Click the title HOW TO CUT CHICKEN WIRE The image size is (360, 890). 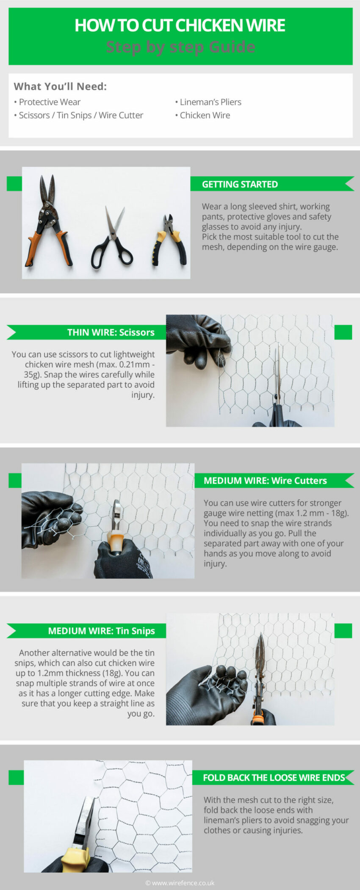(x=180, y=25)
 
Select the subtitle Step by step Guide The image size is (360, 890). (x=180, y=47)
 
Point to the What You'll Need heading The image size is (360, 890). (x=60, y=86)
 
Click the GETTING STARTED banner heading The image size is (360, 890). (x=240, y=184)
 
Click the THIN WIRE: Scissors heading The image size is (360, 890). (x=111, y=332)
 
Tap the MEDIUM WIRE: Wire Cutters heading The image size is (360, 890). (x=265, y=481)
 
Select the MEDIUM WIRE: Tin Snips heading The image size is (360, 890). (x=101, y=631)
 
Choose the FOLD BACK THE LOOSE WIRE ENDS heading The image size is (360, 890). (x=274, y=778)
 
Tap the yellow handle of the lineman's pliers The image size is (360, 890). (x=75, y=860)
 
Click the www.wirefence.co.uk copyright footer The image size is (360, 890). (x=180, y=883)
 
